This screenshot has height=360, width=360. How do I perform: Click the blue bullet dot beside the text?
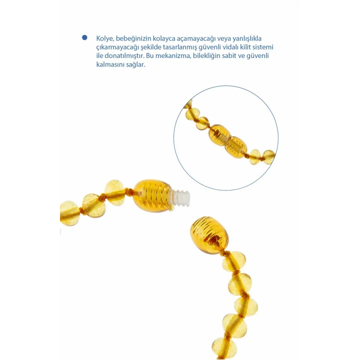pos(84,37)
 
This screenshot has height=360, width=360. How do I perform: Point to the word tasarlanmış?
pos(180,47)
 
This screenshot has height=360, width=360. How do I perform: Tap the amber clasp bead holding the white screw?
pos(152,195)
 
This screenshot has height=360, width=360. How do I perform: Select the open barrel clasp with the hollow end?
pos(209,235)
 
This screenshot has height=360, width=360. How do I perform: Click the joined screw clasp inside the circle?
pos(228,141)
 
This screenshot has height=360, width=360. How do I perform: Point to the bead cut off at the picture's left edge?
pos(69,213)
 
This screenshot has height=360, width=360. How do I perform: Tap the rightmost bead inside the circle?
pos(268,157)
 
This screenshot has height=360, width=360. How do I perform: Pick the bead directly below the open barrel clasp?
pos(234,262)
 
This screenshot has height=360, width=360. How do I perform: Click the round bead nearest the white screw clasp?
pos(115,192)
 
